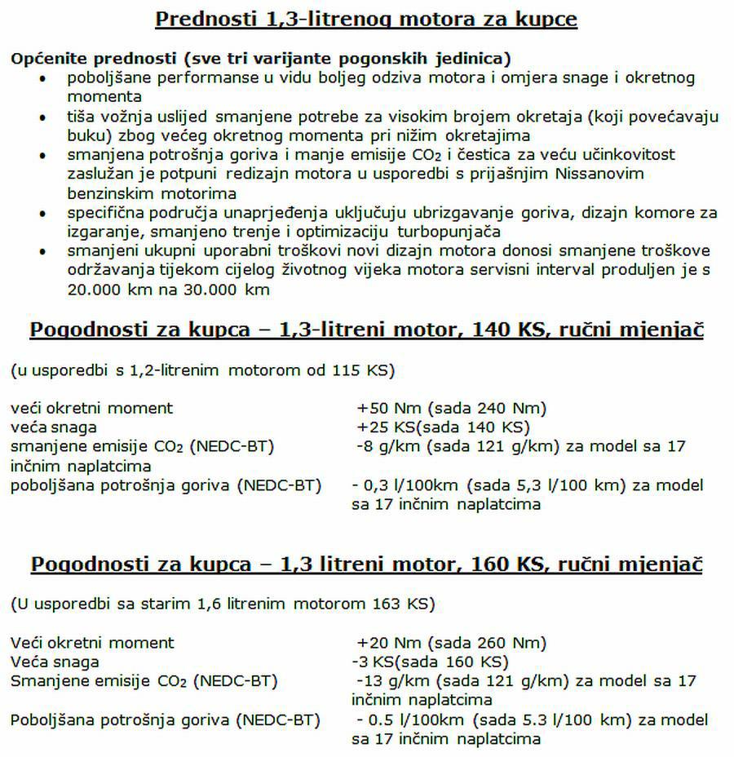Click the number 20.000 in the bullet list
pyautogui.click(x=94, y=290)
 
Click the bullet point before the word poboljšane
pyautogui.click(x=44, y=79)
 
